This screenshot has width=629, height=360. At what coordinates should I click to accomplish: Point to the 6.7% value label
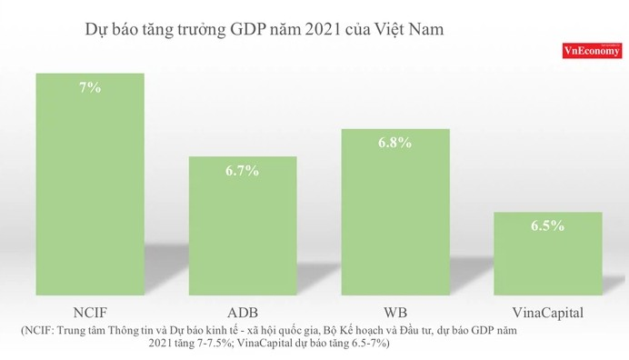coord(243,170)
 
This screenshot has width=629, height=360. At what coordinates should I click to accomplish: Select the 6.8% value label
coord(395,143)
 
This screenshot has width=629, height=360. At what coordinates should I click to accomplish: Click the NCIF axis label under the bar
coord(90,313)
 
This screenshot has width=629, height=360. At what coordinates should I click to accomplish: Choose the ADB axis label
coord(243,313)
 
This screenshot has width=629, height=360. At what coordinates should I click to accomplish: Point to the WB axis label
coord(395,313)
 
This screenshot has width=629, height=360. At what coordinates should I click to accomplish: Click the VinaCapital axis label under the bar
coord(548,313)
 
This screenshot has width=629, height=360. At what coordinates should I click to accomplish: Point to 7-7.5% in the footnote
coord(210,345)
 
